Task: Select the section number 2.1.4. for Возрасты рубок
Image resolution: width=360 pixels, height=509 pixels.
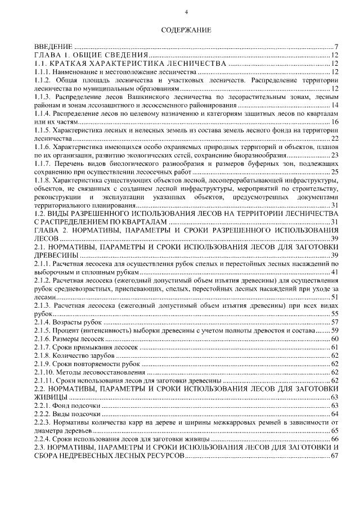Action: [x=43, y=322]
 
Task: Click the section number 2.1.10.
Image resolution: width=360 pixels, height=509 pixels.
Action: [x=45, y=372]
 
